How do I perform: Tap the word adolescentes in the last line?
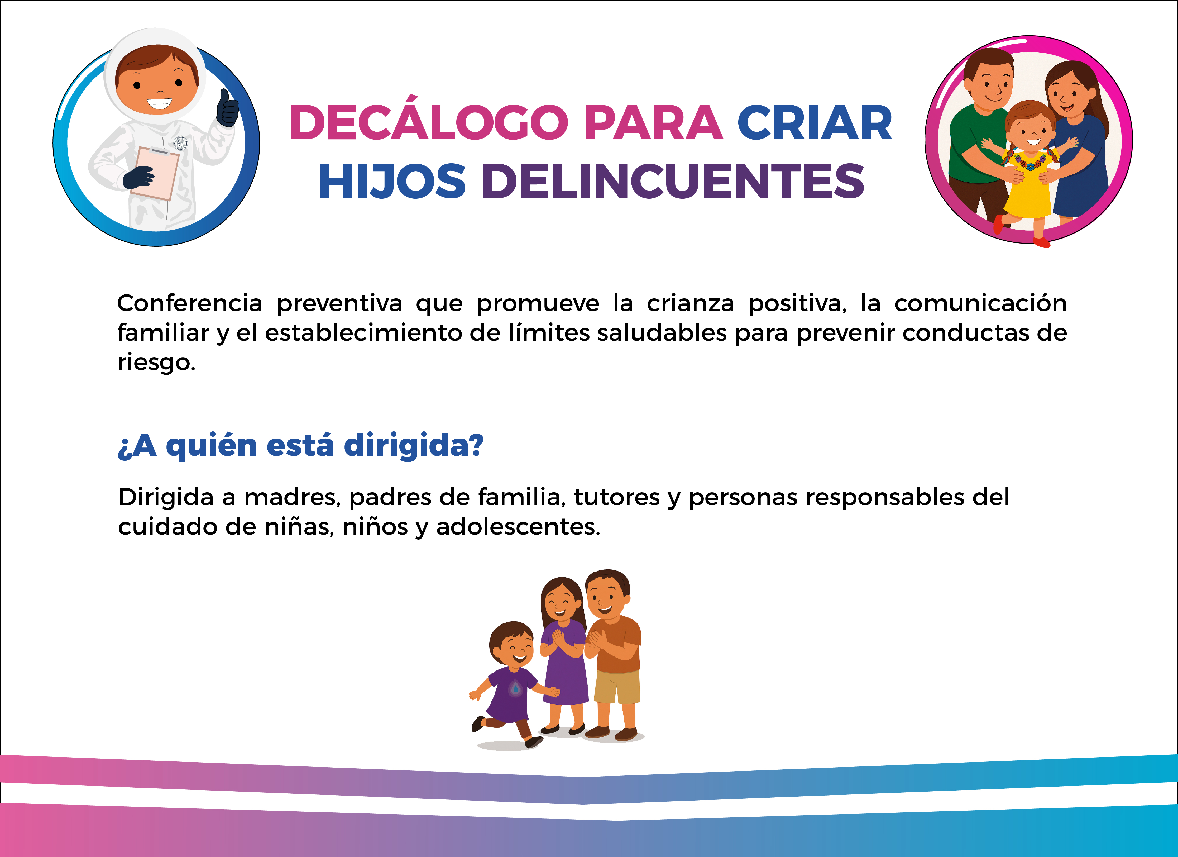(518, 527)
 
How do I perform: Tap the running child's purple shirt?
(512, 694)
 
